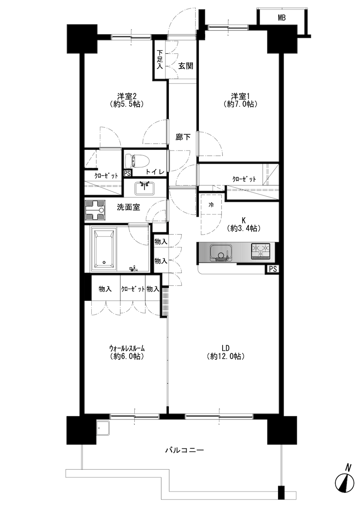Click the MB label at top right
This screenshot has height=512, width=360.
tap(282, 17)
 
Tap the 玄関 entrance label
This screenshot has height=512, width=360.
tap(186, 66)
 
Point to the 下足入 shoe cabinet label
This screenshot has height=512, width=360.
tap(160, 60)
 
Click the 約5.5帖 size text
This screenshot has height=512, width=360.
tap(127, 104)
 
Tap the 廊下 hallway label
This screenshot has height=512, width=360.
tap(183, 137)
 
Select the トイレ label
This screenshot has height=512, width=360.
tap(155, 172)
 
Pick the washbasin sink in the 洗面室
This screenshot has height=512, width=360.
tap(145, 188)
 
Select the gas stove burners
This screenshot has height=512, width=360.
tap(261, 251)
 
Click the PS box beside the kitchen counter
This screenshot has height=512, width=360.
tap(272, 269)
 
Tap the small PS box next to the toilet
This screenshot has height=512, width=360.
tap(127, 174)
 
